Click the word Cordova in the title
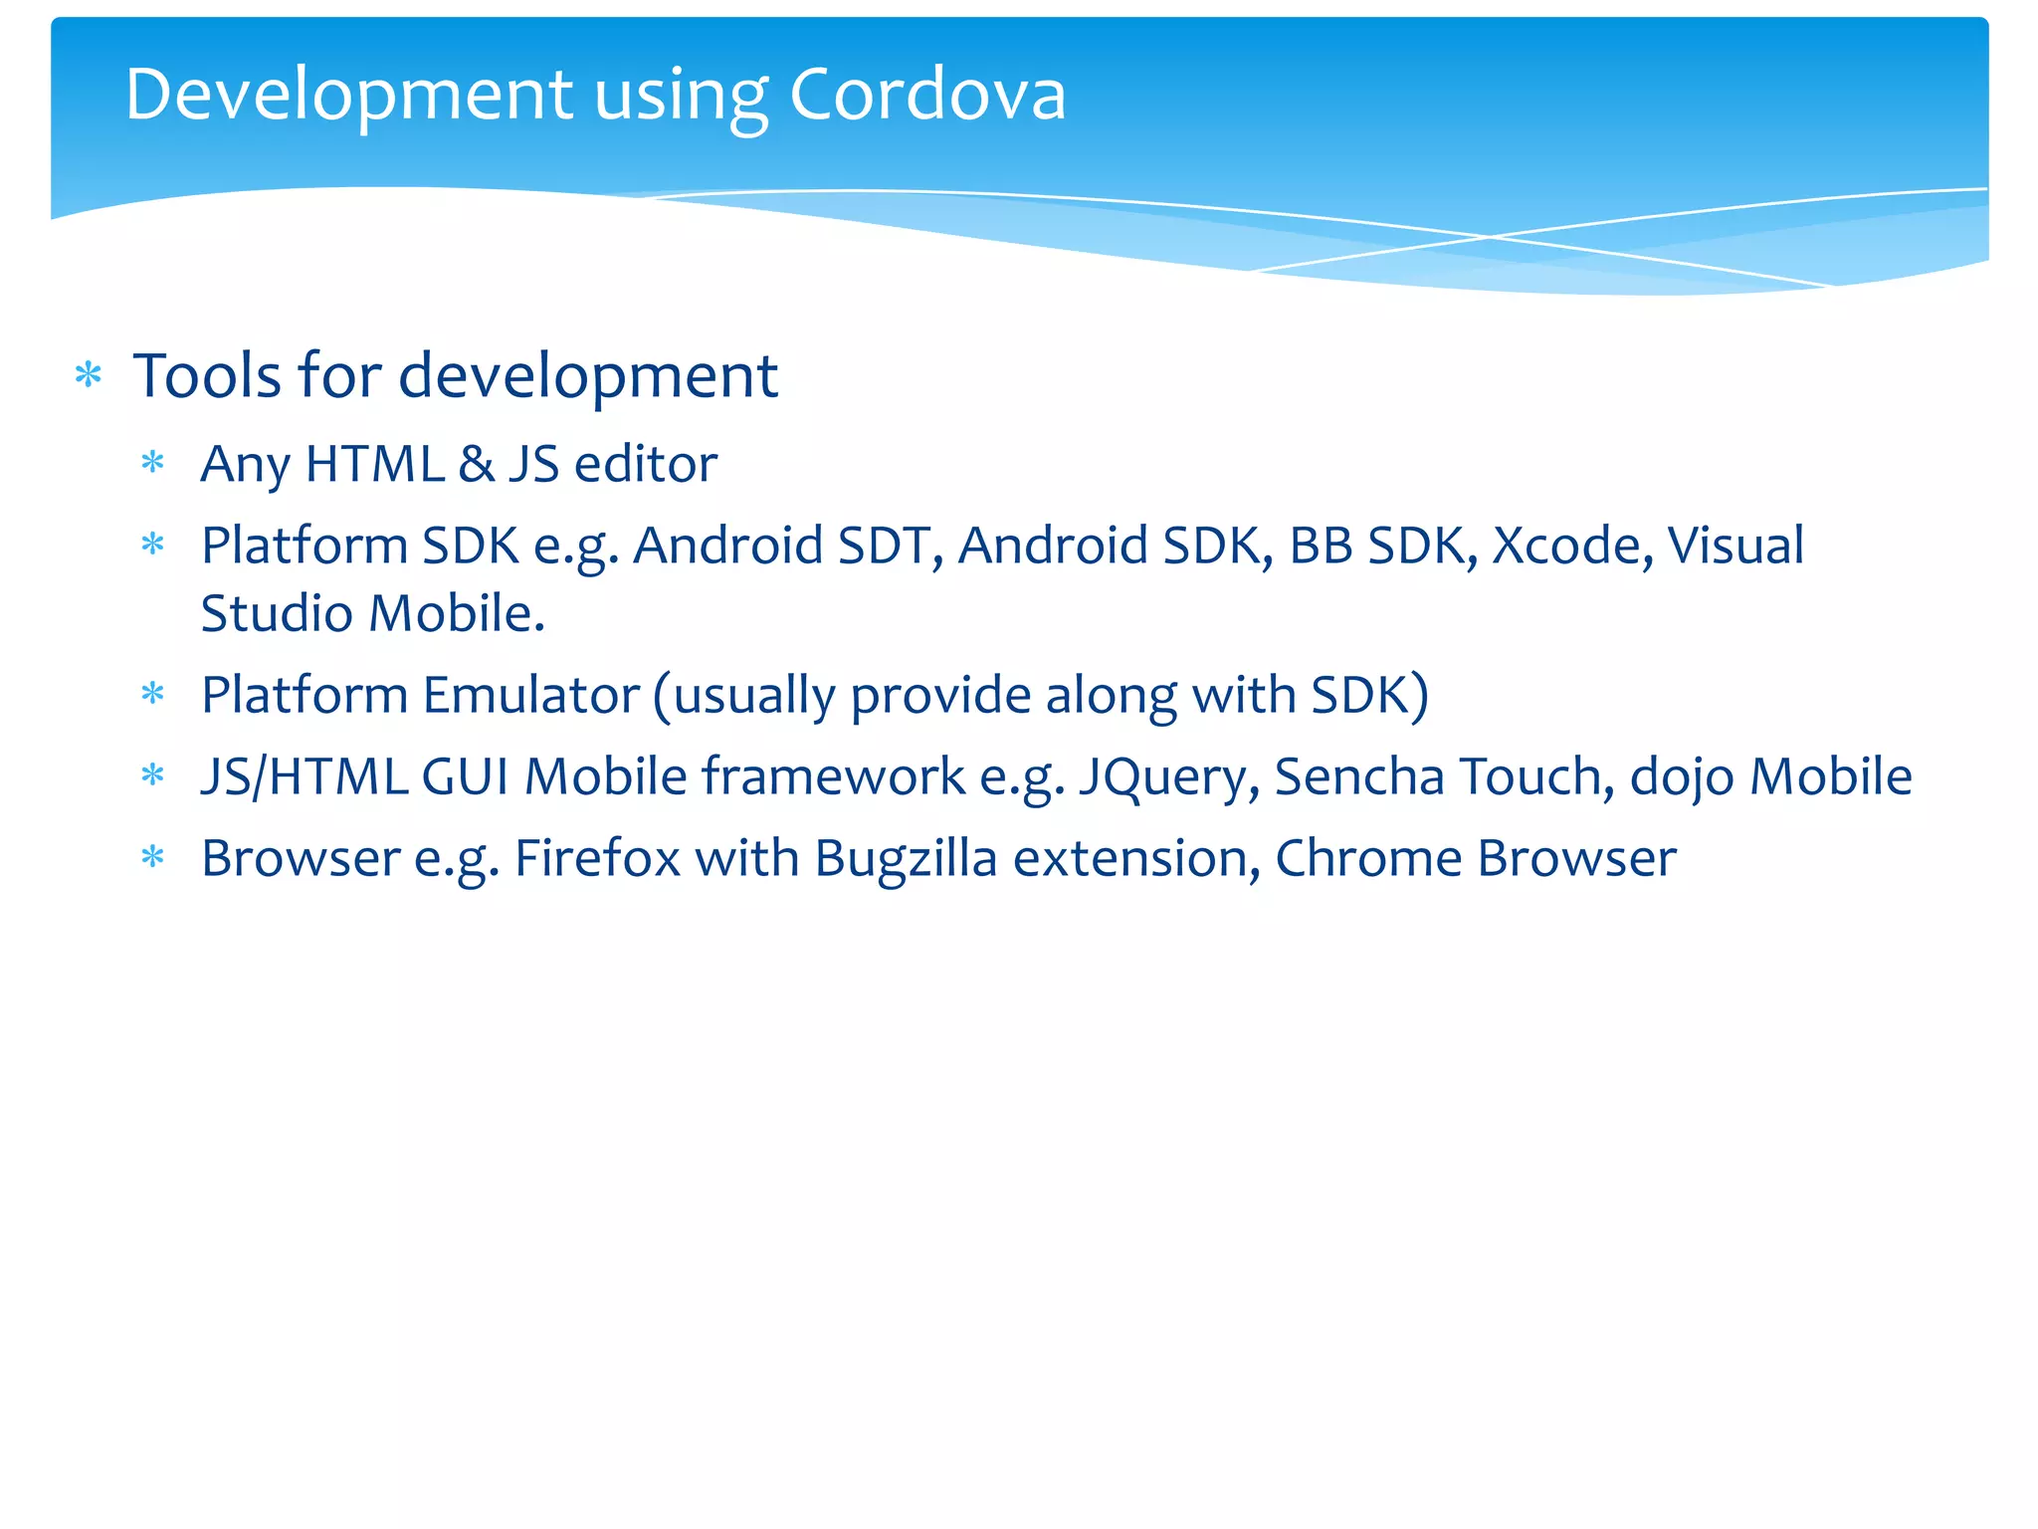coord(926,96)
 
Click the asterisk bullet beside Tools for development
coord(89,376)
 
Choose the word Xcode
coord(1571,546)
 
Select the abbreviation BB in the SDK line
coord(1321,546)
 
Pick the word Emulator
coord(530,695)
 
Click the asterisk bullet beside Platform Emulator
coord(152,694)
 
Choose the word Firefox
coord(597,858)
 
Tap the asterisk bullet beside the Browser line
coord(152,857)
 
